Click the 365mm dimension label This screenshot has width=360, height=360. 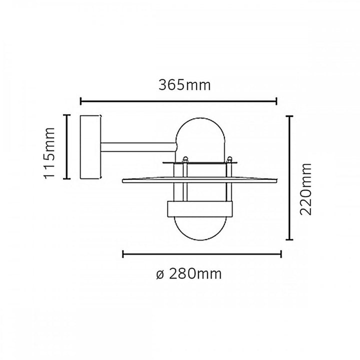[x=184, y=85]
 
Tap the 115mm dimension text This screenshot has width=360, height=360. [x=49, y=153]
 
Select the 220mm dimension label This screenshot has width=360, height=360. [x=305, y=189]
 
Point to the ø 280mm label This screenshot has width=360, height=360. [x=188, y=274]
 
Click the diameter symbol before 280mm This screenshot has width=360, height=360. [x=160, y=275]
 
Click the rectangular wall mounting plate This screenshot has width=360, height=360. [x=90, y=147]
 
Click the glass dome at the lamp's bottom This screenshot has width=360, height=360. [x=200, y=228]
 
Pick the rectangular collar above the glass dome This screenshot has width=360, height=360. [x=200, y=209]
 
